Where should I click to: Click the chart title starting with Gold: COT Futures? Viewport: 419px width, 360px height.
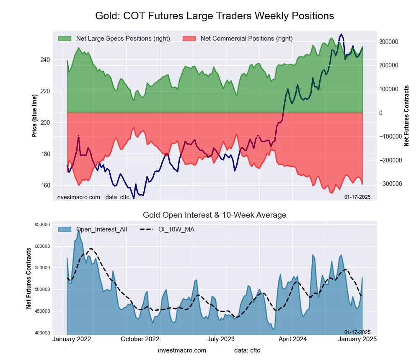pyautogui.click(x=215, y=16)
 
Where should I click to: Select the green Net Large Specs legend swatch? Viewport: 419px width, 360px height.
pyautogui.click(x=65, y=39)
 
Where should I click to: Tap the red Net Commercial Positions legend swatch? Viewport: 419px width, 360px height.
pyautogui.click(x=189, y=39)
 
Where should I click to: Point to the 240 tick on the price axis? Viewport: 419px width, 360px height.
pyautogui.click(x=45, y=60)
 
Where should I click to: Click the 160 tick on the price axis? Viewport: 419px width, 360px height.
pyautogui.click(x=45, y=185)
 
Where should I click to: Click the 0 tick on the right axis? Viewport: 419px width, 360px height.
pyautogui.click(x=381, y=113)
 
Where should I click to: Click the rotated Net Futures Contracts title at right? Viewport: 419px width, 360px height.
pyautogui.click(x=406, y=116)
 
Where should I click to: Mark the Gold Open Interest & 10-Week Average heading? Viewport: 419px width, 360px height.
pyautogui.click(x=215, y=215)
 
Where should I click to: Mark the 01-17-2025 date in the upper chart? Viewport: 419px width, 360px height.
pyautogui.click(x=357, y=197)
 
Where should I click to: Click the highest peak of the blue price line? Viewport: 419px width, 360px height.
pyautogui.click(x=342, y=34)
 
